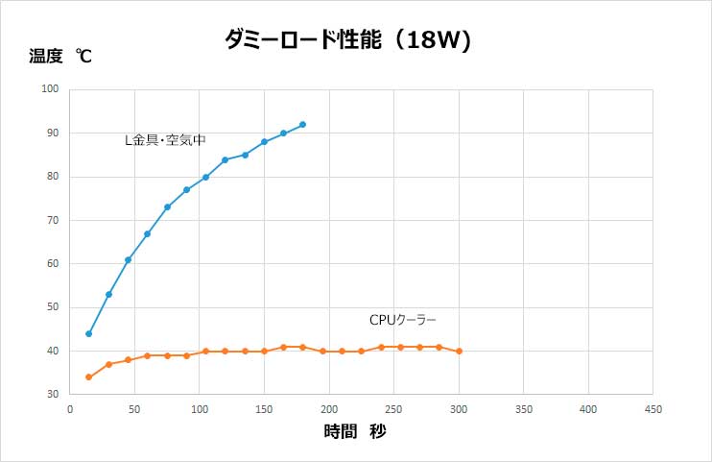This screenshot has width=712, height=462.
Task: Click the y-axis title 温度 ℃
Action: coord(59,57)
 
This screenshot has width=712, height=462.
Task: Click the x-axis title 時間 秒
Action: coord(355,432)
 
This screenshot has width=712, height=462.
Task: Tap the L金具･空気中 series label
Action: coord(165,139)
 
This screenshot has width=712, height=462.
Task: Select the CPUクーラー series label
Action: coord(403,320)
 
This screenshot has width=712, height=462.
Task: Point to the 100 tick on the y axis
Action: coord(50,89)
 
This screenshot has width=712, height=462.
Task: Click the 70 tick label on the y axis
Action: coord(53,220)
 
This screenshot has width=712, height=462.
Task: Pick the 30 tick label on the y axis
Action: coord(53,395)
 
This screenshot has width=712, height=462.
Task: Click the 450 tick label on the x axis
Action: coord(653,408)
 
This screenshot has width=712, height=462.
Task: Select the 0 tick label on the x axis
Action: coord(70,408)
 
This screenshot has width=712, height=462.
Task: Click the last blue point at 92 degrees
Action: coord(302,125)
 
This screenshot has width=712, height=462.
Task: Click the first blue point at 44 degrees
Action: coord(89,333)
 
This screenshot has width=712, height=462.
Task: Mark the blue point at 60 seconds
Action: coord(148,233)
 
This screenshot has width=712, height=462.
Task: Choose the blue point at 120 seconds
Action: coord(225,159)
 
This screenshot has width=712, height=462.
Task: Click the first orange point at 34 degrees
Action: coord(89,377)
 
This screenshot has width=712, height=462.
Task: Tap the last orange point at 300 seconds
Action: coord(459,352)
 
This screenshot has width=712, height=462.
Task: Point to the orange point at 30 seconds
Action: coord(108,364)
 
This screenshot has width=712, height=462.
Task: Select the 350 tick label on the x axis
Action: coord(523,408)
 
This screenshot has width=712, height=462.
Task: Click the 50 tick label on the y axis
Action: coord(53,307)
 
